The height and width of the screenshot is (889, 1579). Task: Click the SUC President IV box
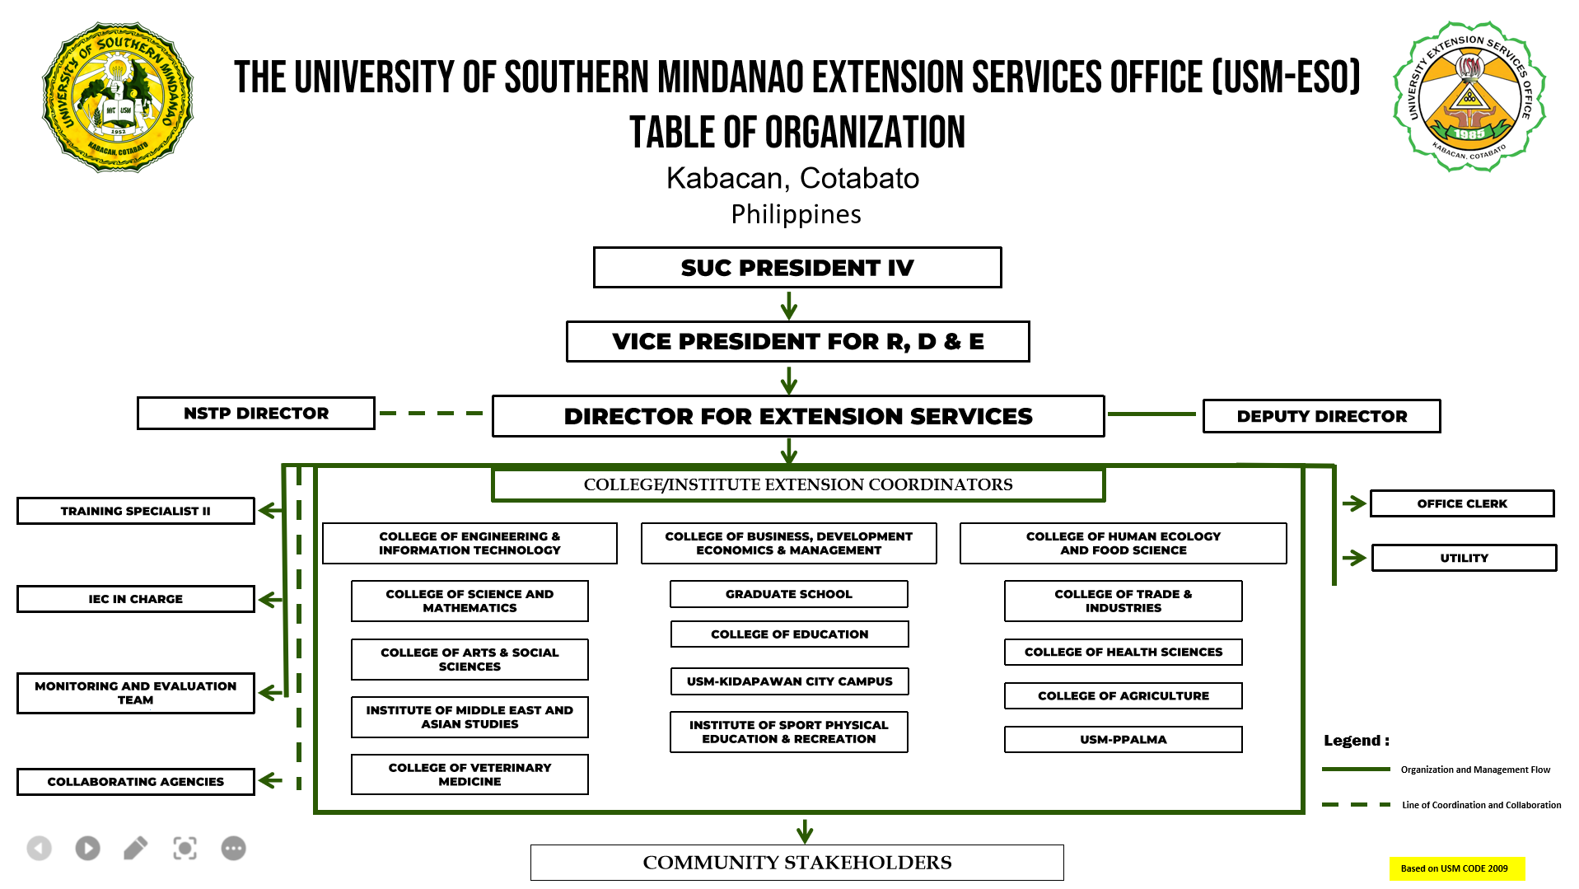[797, 268]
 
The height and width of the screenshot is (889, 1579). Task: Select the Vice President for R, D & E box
[797, 342]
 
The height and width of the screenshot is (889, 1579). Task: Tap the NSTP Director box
[256, 414]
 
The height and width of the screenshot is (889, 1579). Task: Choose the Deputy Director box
[1322, 416]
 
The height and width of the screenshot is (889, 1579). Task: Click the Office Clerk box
[1462, 503]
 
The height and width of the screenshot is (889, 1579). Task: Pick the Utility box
[1464, 558]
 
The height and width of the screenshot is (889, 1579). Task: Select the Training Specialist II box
[136, 511]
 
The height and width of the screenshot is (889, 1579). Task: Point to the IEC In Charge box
[136, 599]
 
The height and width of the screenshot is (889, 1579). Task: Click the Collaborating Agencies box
[136, 782]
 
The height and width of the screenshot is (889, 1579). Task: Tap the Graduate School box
[789, 594]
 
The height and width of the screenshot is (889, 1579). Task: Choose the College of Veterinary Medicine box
[469, 774]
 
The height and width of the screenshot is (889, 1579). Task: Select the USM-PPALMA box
[1124, 740]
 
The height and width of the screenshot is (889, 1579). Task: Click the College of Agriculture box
[1124, 696]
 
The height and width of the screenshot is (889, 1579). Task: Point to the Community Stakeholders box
[797, 863]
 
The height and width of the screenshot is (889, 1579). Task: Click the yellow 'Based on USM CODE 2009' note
[1456, 868]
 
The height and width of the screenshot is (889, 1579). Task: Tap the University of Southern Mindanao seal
[118, 97]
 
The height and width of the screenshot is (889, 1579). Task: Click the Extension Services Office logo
[1469, 96]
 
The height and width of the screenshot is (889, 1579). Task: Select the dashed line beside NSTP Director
[432, 414]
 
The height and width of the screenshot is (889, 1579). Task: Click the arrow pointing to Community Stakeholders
[805, 831]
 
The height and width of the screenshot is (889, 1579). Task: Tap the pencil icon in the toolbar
[136, 848]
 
